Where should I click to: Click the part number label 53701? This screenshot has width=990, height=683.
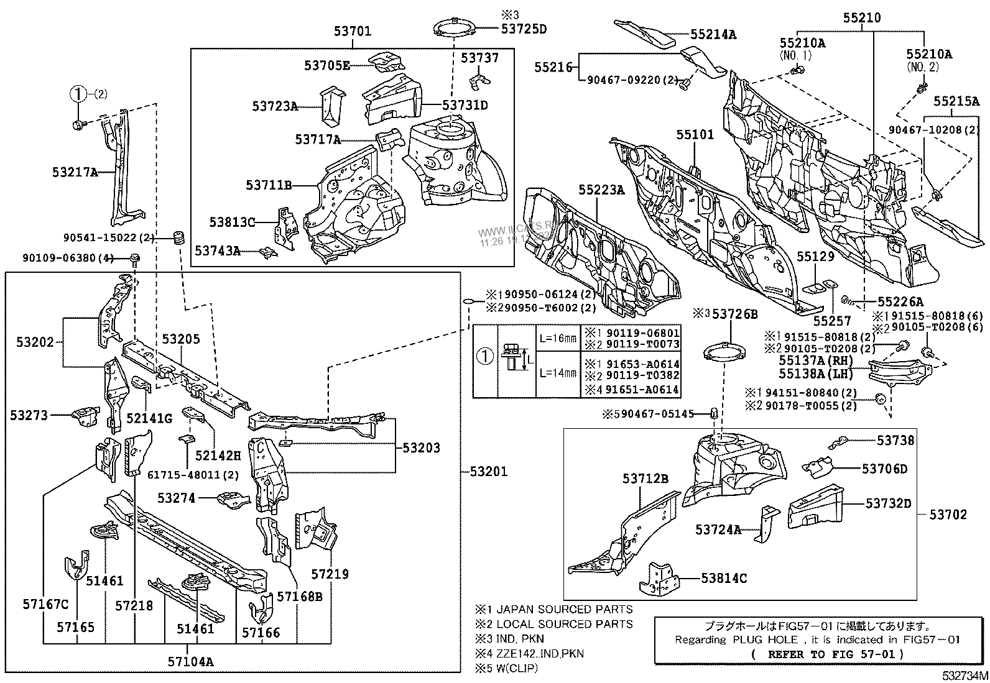pyautogui.click(x=353, y=30)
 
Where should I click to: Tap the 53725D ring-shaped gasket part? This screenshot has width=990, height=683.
pyautogui.click(x=454, y=29)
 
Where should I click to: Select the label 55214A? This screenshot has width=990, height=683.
pyautogui.click(x=713, y=35)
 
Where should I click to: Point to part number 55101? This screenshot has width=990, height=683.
pyautogui.click(x=696, y=135)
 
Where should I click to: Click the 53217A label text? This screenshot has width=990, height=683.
pyautogui.click(x=75, y=172)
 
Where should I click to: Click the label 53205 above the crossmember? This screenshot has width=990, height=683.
pyautogui.click(x=181, y=339)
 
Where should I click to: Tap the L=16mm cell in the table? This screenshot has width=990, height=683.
pyautogui.click(x=558, y=338)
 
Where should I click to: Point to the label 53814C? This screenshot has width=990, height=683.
pyautogui.click(x=724, y=578)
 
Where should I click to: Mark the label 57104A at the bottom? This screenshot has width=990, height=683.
pyautogui.click(x=190, y=661)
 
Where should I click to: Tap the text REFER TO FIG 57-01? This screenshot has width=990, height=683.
pyautogui.click(x=827, y=654)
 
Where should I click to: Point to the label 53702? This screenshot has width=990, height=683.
pyautogui.click(x=948, y=514)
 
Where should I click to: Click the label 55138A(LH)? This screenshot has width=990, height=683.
pyautogui.click(x=816, y=374)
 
